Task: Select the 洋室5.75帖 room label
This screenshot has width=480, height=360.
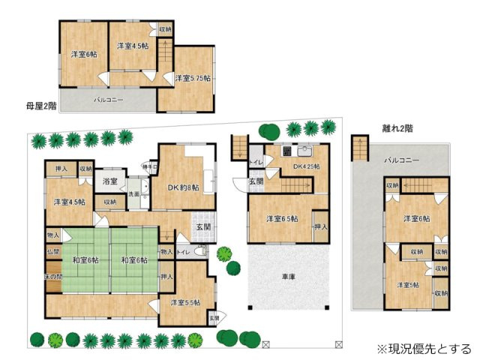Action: pyautogui.click(x=193, y=77)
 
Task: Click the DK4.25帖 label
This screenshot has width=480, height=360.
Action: pyautogui.click(x=306, y=166)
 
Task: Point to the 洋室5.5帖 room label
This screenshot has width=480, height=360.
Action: pyautogui.click(x=184, y=302)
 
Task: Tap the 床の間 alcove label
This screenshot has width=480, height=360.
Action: pyautogui.click(x=52, y=276)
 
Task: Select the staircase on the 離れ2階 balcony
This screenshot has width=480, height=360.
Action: pyautogui.click(x=361, y=146)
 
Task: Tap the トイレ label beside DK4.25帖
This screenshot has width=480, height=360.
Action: pyautogui.click(x=255, y=162)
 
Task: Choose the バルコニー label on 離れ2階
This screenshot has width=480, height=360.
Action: pyautogui.click(x=402, y=160)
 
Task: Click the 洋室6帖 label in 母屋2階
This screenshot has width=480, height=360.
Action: pyautogui.click(x=83, y=54)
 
